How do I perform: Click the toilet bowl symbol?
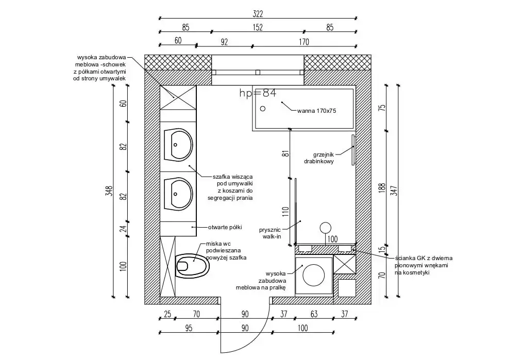(x=192, y=266)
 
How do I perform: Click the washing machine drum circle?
(x=313, y=275)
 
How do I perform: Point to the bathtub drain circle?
(x=263, y=108)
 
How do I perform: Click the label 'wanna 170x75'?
(x=316, y=111)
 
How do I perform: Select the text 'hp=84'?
(x=258, y=93)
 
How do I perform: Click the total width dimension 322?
(x=258, y=14)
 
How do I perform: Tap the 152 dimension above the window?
(x=258, y=27)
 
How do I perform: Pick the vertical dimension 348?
(x=109, y=191)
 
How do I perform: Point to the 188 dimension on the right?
(x=383, y=188)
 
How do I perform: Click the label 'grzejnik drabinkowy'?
(x=319, y=158)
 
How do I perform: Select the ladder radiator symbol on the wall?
(x=353, y=150)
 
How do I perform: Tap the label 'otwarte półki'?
(x=225, y=228)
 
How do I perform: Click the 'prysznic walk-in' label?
(x=270, y=233)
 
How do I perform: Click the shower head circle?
(x=325, y=228)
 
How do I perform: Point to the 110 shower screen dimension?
(x=285, y=212)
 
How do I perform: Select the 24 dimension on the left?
(x=124, y=229)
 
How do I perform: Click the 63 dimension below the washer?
(x=314, y=314)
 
